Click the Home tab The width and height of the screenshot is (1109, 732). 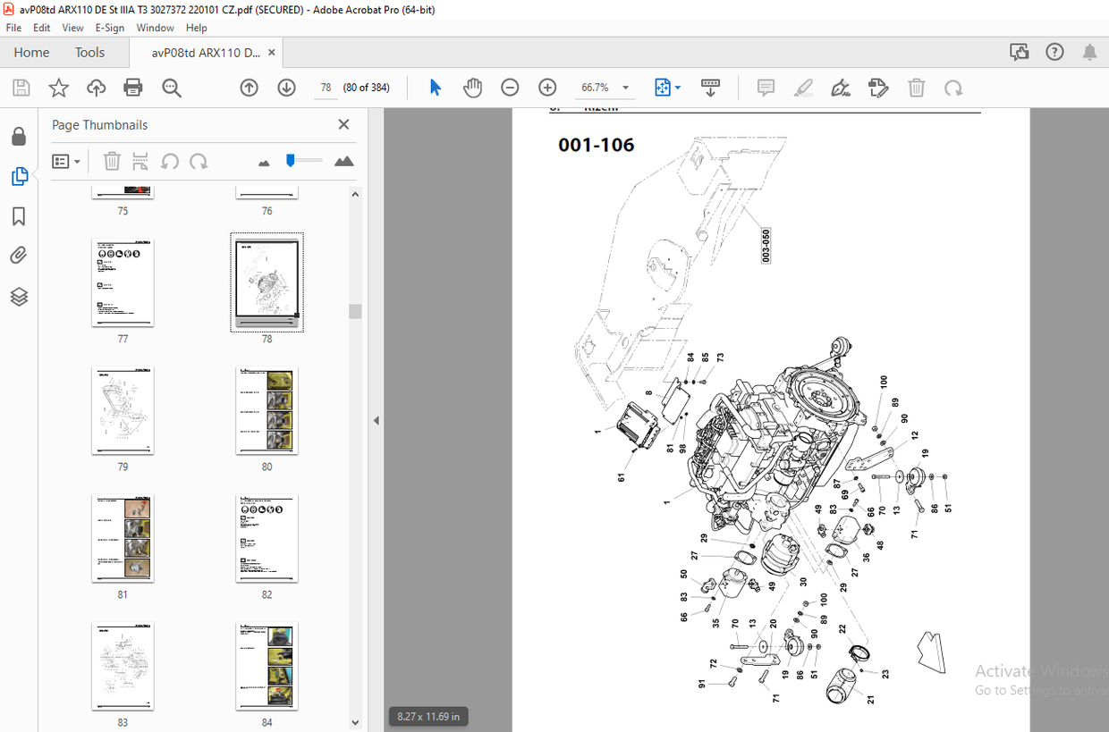[x=31, y=53]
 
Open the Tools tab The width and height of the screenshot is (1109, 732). [x=89, y=53]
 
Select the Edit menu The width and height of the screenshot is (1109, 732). [x=42, y=28]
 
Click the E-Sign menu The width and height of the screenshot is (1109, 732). [x=109, y=28]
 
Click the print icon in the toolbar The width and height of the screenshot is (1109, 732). [x=133, y=88]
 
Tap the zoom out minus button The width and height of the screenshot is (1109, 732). [x=510, y=88]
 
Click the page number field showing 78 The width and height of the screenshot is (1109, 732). [x=326, y=88]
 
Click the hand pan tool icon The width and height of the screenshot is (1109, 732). [x=472, y=88]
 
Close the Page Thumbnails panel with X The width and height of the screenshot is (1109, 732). [x=343, y=125]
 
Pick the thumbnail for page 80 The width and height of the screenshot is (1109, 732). [x=267, y=410]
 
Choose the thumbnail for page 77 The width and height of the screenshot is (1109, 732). [x=123, y=282]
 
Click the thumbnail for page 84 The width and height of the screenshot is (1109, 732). [x=267, y=666]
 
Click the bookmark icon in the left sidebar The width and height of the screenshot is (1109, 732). [x=19, y=217]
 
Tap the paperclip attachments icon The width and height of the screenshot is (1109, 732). [x=19, y=257]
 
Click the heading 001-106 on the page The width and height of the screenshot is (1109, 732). [x=596, y=145]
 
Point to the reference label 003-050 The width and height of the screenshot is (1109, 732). [x=766, y=245]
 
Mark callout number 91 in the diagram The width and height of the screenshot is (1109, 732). [x=703, y=685]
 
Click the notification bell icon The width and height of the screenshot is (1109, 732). [x=1089, y=52]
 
